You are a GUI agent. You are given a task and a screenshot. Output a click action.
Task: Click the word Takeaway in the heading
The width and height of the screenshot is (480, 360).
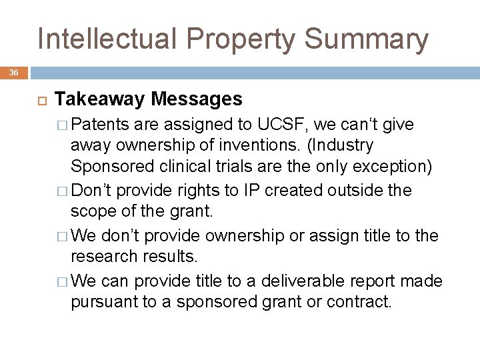click(99, 99)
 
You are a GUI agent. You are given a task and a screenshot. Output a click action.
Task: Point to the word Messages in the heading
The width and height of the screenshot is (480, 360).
click(197, 99)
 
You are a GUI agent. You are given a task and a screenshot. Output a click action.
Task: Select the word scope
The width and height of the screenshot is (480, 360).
click(91, 212)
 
